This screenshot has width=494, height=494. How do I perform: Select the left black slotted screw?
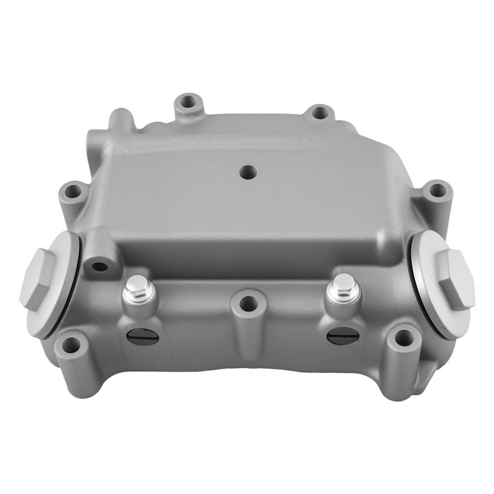[143, 337]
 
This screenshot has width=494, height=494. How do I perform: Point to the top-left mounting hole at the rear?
[188, 103]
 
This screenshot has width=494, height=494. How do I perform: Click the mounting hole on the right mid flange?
[436, 190]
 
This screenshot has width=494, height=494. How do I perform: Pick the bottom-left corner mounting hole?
[71, 345]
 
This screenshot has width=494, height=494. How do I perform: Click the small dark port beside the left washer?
[100, 267]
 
